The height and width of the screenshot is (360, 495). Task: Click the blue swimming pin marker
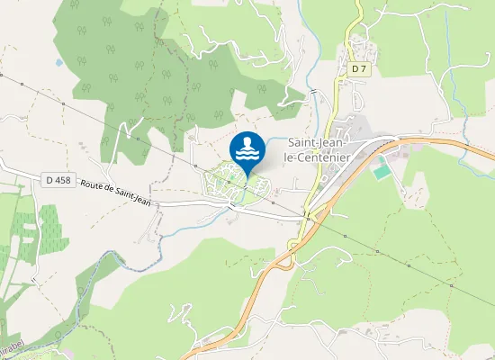click(247, 150)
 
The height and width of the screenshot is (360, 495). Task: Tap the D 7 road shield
click(359, 68)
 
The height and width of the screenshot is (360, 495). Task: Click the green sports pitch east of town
click(382, 167)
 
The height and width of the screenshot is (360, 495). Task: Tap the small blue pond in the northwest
click(58, 63)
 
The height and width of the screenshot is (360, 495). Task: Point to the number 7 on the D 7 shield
click(364, 68)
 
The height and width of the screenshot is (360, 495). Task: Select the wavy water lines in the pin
click(247, 155)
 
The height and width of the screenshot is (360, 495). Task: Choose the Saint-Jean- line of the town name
click(320, 142)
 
